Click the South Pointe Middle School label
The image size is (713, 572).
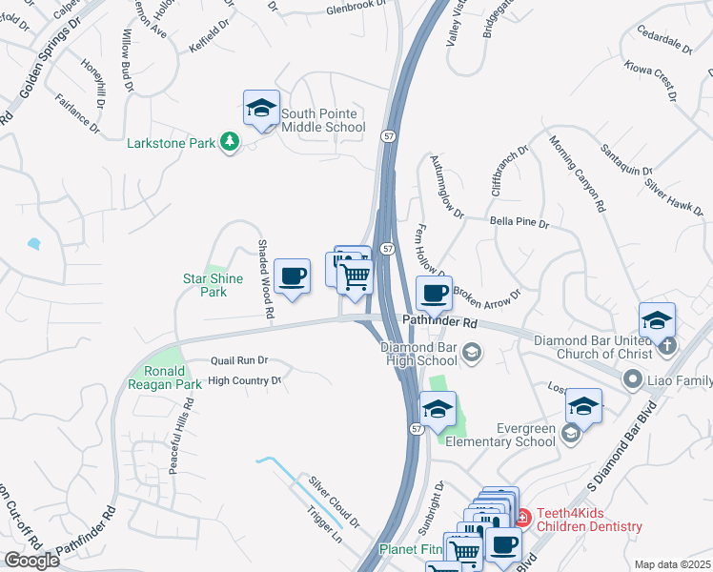(x=322, y=121)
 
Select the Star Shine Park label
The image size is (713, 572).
(x=214, y=285)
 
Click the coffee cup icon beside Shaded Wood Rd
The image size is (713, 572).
(x=293, y=277)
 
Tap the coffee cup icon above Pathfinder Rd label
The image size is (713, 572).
(x=434, y=294)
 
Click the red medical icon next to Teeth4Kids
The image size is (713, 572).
(x=521, y=518)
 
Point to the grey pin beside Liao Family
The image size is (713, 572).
(x=631, y=380)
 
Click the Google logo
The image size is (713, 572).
(x=31, y=560)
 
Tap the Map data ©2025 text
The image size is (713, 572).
(x=671, y=564)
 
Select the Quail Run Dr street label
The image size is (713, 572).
(x=238, y=361)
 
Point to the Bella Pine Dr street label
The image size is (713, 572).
(x=519, y=223)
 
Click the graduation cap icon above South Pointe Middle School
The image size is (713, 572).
(x=260, y=109)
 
